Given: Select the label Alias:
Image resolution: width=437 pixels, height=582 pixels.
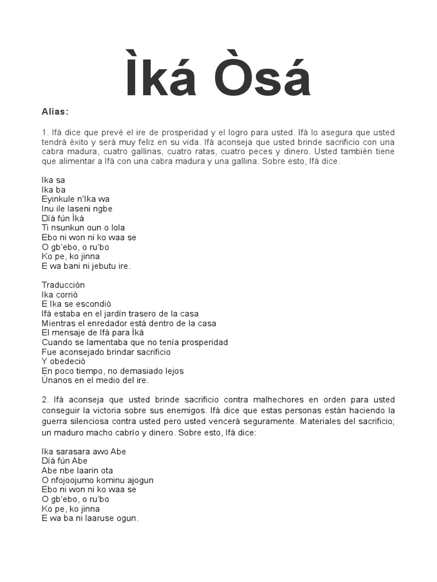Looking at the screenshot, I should [x=55, y=112].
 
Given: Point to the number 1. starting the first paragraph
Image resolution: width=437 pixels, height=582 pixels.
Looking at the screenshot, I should [x=45, y=132].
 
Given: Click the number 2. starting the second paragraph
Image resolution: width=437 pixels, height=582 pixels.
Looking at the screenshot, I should [x=46, y=400].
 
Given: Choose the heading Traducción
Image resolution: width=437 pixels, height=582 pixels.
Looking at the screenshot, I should [x=63, y=285].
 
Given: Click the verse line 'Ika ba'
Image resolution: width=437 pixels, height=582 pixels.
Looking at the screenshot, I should [x=53, y=189].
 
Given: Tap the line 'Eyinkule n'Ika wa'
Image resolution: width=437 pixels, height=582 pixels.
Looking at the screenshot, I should [x=76, y=199].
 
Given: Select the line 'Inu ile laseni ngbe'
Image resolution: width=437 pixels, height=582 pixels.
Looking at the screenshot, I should [x=77, y=209].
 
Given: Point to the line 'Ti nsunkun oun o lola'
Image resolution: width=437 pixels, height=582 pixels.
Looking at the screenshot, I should [x=83, y=228].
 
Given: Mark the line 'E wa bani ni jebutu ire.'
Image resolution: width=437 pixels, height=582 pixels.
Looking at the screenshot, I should [x=86, y=266].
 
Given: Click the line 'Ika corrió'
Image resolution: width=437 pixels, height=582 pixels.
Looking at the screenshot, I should [x=60, y=294].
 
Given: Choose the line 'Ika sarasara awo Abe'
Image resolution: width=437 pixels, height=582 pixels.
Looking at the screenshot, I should [x=84, y=451].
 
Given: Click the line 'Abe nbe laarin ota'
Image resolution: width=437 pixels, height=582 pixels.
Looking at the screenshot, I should [x=77, y=471].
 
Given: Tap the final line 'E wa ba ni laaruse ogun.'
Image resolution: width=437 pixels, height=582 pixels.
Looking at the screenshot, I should [x=90, y=518].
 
